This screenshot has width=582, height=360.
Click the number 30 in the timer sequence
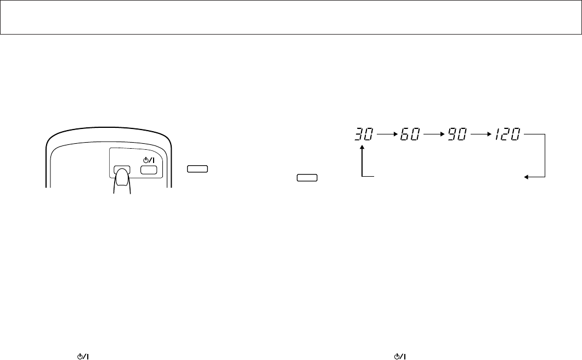tap(363, 134)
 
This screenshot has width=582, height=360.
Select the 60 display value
tap(410, 134)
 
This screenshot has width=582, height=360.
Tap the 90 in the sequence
tap(457, 134)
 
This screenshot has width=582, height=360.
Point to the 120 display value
tap(507, 134)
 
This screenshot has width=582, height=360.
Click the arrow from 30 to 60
tap(387, 134)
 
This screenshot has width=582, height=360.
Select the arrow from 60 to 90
tap(434, 134)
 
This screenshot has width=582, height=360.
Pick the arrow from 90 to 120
tap(481, 134)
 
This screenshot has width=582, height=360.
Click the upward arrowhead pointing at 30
tap(362, 147)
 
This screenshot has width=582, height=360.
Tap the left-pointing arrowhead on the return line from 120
tap(527, 177)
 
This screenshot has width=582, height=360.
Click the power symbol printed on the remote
tap(149, 160)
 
